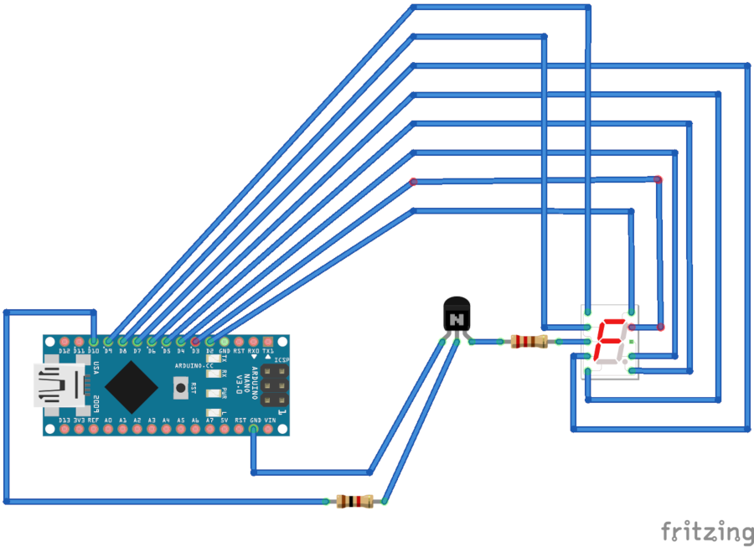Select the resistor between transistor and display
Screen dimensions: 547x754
528,341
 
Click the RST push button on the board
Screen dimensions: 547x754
178,387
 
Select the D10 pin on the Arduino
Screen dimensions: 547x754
94,342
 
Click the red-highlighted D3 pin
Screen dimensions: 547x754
195,342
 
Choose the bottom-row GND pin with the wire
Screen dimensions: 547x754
254,430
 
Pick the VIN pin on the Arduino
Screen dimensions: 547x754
268,430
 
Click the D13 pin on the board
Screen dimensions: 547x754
65,430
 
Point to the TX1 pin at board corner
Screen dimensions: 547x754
268,342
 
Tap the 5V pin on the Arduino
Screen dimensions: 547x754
225,430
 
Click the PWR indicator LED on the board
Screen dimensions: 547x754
214,393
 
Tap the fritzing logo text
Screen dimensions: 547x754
707,532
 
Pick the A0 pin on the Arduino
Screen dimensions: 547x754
108,430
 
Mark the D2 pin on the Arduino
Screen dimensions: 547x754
210,342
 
